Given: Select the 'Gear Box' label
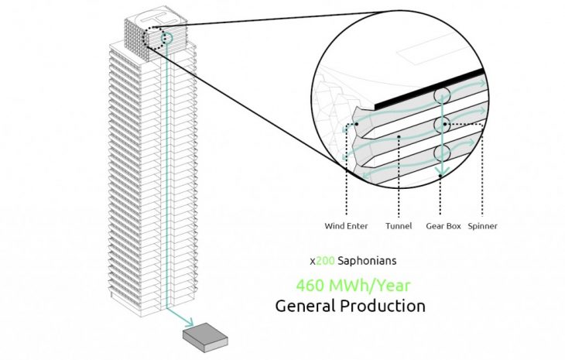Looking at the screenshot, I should click(x=440, y=226).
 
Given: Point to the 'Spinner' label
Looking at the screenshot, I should click(x=482, y=226).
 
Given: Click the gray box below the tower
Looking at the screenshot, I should click(x=205, y=335).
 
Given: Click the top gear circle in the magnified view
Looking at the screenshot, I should click(x=442, y=96).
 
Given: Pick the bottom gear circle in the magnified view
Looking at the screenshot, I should click(x=442, y=151).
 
